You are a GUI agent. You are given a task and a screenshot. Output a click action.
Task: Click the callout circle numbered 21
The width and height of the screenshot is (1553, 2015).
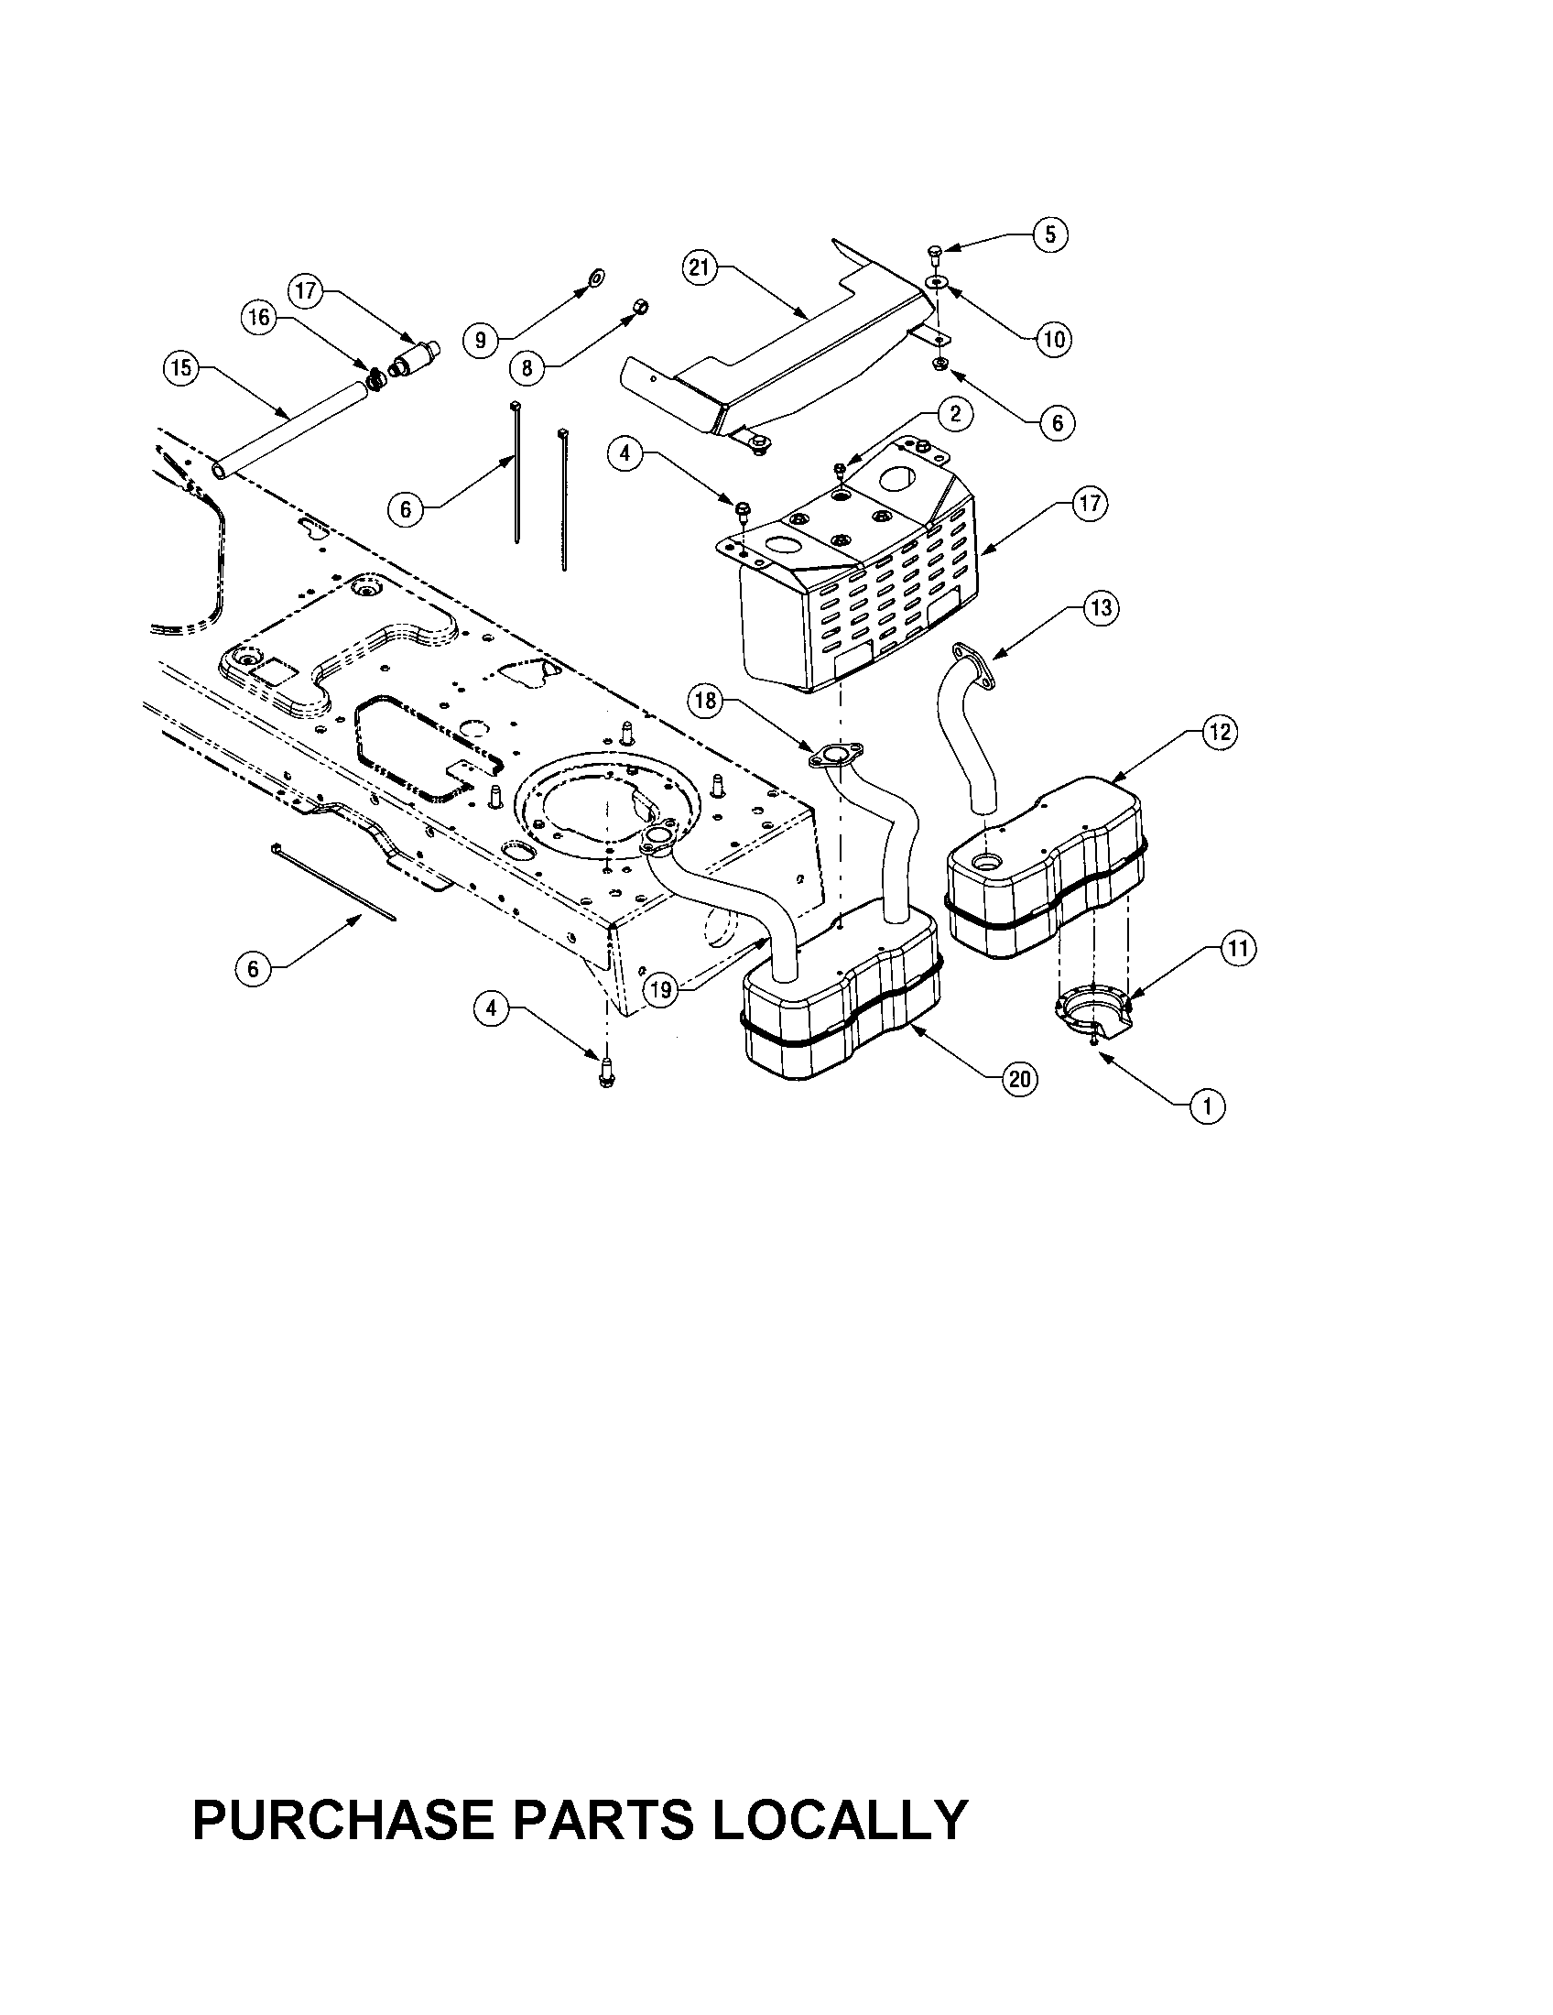click(699, 267)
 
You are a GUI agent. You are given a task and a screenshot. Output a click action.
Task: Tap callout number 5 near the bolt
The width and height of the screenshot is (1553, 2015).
click(1050, 234)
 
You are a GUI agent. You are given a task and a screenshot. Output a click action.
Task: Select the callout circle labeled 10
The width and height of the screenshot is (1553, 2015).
click(1053, 339)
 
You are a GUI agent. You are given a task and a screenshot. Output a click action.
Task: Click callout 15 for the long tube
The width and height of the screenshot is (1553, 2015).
click(180, 369)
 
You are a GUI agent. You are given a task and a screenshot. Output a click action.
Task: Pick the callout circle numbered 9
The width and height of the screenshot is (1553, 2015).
click(481, 341)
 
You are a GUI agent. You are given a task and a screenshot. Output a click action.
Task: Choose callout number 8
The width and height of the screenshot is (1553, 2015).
click(527, 369)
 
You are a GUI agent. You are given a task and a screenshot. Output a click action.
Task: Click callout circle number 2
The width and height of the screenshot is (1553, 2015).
click(954, 414)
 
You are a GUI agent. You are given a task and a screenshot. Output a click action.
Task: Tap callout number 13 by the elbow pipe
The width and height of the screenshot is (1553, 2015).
click(1102, 609)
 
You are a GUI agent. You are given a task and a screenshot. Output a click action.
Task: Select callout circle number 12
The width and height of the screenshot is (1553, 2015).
click(1219, 732)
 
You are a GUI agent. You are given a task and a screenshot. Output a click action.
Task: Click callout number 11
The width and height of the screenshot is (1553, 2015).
click(1239, 948)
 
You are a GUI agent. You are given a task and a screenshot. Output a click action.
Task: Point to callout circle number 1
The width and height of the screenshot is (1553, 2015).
click(1208, 1105)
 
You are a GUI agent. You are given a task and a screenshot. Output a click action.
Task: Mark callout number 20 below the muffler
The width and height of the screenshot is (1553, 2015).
click(1020, 1079)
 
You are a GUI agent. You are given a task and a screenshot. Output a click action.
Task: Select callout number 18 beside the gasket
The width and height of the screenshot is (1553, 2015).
click(705, 702)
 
